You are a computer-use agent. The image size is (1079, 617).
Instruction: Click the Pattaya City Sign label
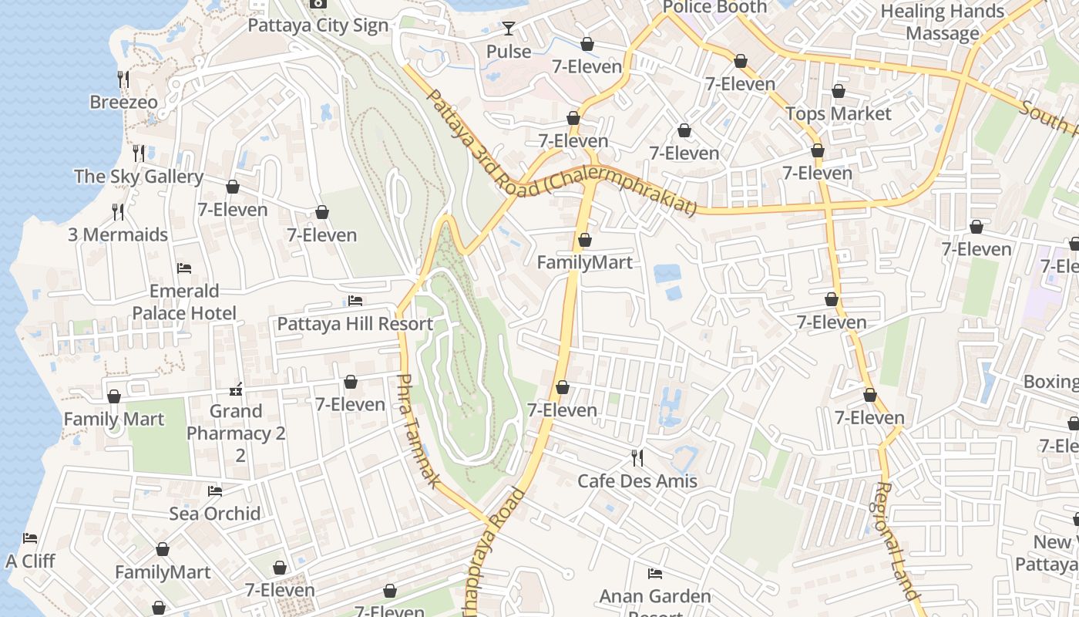(x=318, y=25)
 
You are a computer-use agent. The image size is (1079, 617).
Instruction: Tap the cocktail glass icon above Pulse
(x=509, y=29)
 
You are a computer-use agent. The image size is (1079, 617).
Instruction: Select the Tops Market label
(x=838, y=113)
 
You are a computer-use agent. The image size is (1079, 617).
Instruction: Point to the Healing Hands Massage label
(x=942, y=22)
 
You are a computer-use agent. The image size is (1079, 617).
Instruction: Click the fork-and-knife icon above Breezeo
(x=123, y=79)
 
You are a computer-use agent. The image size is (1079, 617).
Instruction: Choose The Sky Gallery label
(x=139, y=177)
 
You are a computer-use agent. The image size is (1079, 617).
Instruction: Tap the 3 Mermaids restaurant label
(x=118, y=234)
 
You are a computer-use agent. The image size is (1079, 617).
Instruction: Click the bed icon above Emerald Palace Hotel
(x=184, y=268)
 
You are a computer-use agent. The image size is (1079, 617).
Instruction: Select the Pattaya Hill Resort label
(x=355, y=324)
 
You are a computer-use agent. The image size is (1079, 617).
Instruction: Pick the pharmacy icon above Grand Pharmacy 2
(x=237, y=389)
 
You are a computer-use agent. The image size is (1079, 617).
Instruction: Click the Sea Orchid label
(x=215, y=514)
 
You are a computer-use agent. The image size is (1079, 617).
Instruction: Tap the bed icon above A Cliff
(x=30, y=538)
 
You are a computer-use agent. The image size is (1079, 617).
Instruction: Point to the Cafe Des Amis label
(x=637, y=481)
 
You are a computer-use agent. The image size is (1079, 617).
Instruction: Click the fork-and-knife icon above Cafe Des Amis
(x=637, y=457)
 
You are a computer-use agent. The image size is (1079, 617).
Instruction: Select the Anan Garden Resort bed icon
(x=655, y=573)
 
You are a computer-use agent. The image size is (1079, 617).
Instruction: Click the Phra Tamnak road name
(x=419, y=430)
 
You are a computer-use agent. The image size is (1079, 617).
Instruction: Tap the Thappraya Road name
(x=493, y=551)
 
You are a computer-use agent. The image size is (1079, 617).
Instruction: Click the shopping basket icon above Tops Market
(x=839, y=91)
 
